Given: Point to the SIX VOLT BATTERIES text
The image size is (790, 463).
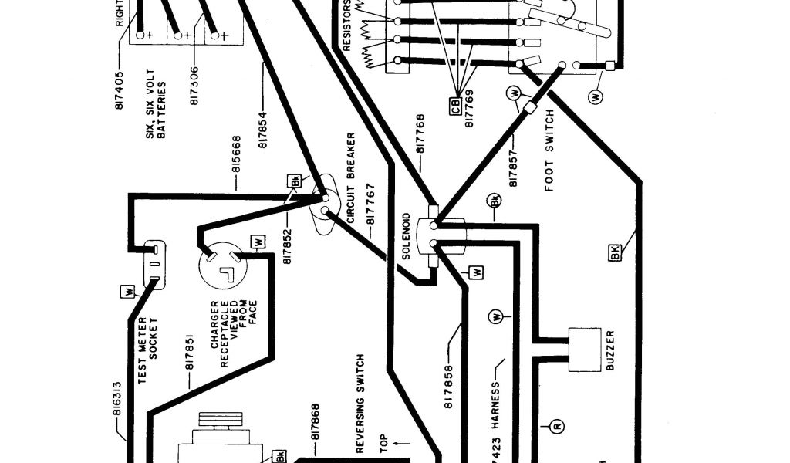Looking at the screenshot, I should click(154, 104).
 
